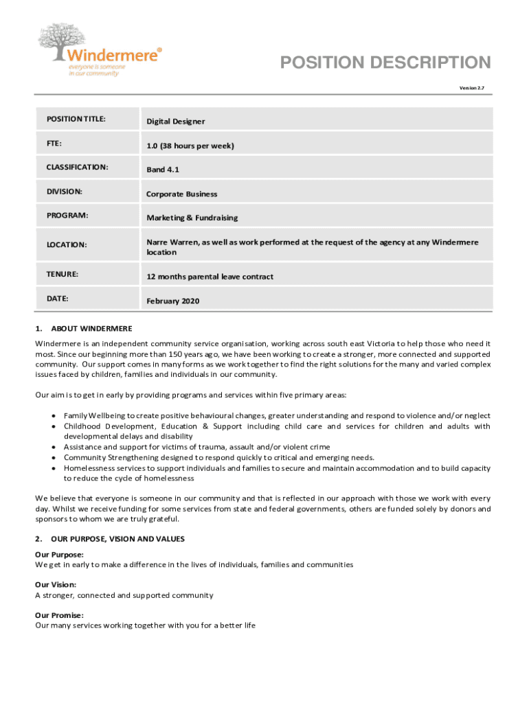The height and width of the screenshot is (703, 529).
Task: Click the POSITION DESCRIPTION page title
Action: (385, 63)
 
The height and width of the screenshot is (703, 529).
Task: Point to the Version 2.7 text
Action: (471, 89)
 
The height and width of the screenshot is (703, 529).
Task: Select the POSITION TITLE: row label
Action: (76, 119)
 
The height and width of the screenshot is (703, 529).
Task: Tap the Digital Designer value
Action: (175, 122)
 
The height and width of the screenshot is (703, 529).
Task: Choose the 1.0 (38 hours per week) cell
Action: (190, 146)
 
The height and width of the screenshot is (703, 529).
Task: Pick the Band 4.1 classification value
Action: (162, 170)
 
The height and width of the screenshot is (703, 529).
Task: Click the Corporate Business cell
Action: (181, 194)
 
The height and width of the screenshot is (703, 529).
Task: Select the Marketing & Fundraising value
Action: (192, 218)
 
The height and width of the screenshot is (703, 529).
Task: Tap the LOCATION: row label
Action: (67, 244)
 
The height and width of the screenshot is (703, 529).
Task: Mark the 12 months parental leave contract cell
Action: (210, 277)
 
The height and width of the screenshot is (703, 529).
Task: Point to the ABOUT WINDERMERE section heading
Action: (91, 328)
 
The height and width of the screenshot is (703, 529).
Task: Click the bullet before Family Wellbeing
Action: (54, 416)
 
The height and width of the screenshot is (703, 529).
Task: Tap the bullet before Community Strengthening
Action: (54, 457)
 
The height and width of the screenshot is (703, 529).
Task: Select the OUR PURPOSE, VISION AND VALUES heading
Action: (117, 539)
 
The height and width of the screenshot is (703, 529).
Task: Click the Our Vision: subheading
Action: (56, 585)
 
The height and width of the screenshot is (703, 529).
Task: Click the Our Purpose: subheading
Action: (60, 554)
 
